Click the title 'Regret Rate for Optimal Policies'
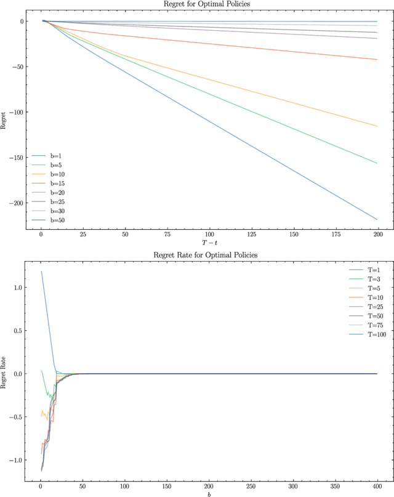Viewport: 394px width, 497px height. (x=209, y=255)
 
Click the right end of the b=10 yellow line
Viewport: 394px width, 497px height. (x=377, y=126)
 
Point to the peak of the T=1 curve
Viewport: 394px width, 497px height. (x=41, y=272)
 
